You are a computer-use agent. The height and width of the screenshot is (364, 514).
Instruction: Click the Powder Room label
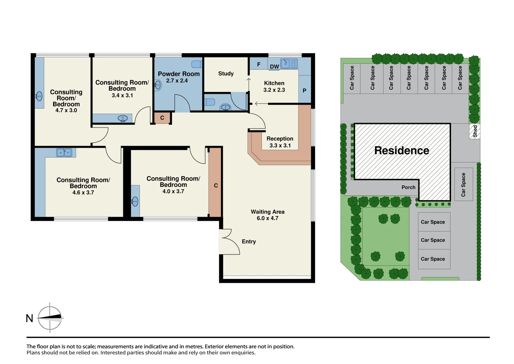[x=179, y=74]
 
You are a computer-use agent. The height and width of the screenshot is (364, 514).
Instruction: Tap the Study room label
[x=226, y=73]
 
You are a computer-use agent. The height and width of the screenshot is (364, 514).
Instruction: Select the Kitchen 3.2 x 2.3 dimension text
[x=274, y=90]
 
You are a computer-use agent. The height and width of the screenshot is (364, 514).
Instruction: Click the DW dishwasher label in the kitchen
[x=274, y=67]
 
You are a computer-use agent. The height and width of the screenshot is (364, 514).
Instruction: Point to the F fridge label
[x=259, y=64]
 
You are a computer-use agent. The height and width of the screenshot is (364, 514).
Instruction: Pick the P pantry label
[x=304, y=91]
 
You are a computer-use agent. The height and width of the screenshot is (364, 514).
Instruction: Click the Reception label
[x=280, y=139]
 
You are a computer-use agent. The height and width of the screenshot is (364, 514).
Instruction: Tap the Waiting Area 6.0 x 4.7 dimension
[x=268, y=218]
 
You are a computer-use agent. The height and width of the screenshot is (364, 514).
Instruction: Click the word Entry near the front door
[x=249, y=242]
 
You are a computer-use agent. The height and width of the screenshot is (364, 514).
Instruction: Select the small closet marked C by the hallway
[x=162, y=118]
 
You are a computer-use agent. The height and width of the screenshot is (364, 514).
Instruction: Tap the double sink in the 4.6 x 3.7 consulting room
[x=64, y=153]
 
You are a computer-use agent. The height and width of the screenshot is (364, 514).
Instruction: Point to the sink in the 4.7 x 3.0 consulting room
[x=39, y=96]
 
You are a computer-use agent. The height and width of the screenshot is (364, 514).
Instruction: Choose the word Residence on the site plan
[x=402, y=151]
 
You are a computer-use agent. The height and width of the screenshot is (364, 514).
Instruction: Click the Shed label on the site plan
[x=475, y=131]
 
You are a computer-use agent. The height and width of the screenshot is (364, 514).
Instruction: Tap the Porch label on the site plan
[x=409, y=187]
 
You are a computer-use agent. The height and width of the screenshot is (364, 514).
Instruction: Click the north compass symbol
[x=50, y=317]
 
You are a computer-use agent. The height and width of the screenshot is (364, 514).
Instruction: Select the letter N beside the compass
[x=30, y=318]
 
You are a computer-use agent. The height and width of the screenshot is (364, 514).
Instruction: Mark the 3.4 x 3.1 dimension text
[x=122, y=95]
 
